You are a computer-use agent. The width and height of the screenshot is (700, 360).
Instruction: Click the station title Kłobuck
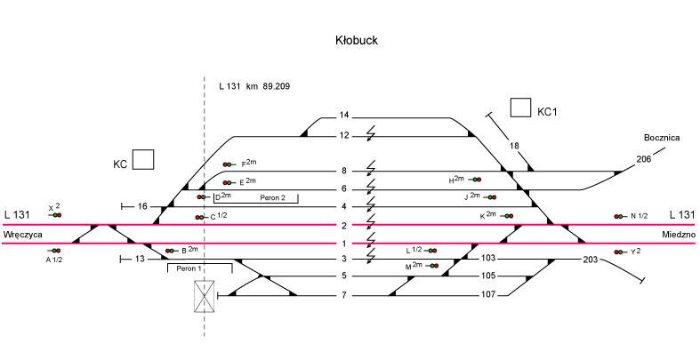(354, 41)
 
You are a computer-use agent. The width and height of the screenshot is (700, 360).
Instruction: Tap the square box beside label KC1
(521, 108)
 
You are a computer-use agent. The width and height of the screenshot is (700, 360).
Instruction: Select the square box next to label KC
(143, 160)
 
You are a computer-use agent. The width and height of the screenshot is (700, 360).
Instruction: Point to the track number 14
(345, 116)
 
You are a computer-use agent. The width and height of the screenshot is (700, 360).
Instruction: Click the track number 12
(345, 135)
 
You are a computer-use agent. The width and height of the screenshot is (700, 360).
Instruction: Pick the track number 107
(487, 295)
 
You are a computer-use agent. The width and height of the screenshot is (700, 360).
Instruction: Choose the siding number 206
(644, 159)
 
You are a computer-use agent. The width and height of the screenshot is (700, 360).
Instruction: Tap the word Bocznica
(662, 138)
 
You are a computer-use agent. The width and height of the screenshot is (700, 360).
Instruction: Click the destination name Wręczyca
(23, 234)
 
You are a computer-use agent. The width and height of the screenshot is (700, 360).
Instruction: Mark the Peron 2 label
(272, 197)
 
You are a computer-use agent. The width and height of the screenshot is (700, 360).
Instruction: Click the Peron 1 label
(189, 268)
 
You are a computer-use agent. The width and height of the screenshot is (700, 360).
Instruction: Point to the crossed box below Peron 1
(205, 295)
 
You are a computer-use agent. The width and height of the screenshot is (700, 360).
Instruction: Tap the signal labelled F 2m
(229, 164)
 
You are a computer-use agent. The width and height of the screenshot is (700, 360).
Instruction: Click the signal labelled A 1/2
(54, 251)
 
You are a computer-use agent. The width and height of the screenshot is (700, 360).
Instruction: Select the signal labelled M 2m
(432, 266)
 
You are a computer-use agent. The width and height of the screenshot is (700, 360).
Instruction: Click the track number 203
(590, 260)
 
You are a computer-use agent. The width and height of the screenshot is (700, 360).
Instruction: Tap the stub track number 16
(142, 206)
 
